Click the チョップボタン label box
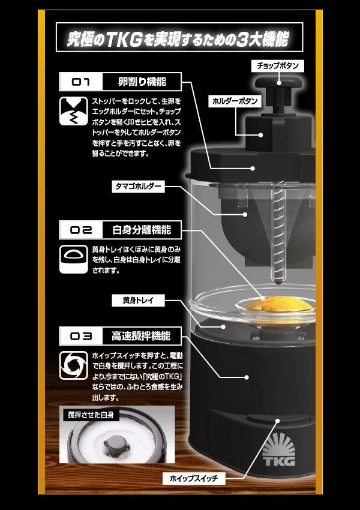point(278,66)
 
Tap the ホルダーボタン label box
point(235,101)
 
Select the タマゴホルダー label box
point(138,187)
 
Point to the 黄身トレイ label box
point(138,300)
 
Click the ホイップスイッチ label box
point(193,478)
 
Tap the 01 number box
point(80,82)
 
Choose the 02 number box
point(80,230)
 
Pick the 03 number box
point(80,336)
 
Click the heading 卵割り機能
point(142,82)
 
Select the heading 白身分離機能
point(142,230)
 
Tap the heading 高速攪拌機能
point(142,336)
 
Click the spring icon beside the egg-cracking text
point(74,111)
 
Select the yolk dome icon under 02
point(74,259)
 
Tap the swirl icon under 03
point(74,365)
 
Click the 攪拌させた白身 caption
point(91,415)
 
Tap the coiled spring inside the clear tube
point(278,233)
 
